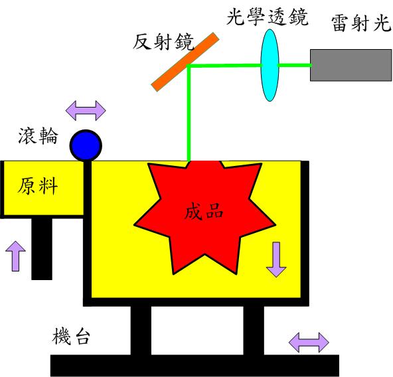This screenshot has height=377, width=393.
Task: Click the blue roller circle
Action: (x=86, y=145)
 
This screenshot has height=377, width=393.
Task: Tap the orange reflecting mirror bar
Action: (x=185, y=62)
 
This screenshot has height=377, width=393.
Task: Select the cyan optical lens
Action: (x=270, y=65)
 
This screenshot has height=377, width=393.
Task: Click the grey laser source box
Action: (x=351, y=65)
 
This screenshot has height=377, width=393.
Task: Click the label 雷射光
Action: (x=361, y=23)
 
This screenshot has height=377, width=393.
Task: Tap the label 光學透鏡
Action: (x=267, y=17)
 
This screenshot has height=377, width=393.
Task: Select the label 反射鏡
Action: (x=163, y=42)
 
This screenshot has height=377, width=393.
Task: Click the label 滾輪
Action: (x=38, y=135)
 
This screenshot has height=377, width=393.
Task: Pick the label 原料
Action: (x=38, y=186)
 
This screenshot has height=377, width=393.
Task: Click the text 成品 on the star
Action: (x=204, y=211)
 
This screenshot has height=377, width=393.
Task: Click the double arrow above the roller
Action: (x=86, y=111)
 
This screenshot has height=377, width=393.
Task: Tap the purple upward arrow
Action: (x=15, y=256)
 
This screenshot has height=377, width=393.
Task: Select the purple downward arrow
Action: (x=276, y=260)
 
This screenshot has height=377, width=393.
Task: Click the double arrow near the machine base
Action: (x=309, y=342)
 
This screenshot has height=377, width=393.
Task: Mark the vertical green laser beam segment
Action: (x=189, y=113)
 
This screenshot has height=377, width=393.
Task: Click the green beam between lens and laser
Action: (x=295, y=65)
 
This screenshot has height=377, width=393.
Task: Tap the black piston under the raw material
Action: (x=42, y=249)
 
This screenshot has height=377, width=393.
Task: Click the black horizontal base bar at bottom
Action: (x=195, y=366)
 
